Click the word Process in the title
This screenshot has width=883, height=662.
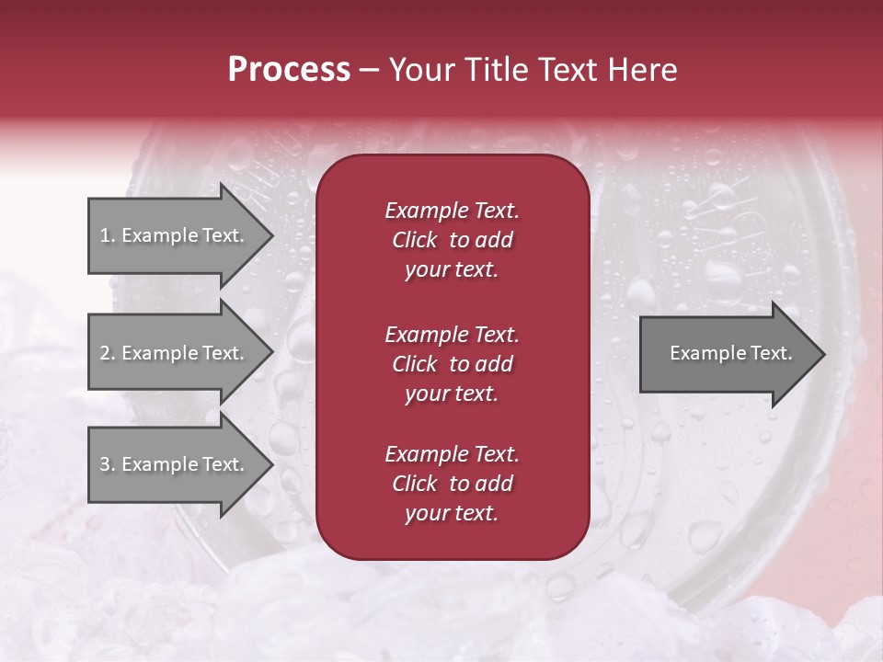[289, 70]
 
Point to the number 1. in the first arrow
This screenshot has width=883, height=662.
[108, 235]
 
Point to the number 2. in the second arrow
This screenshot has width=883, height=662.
[108, 353]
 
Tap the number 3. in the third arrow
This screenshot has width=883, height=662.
[108, 464]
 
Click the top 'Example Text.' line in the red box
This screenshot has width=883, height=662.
[452, 211]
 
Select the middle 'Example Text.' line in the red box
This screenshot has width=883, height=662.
[452, 334]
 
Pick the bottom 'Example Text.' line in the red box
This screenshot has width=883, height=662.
[452, 454]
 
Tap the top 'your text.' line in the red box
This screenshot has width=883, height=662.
[452, 270]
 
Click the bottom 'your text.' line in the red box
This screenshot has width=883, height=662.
[452, 514]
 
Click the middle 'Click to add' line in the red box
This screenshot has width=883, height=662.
[452, 364]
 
